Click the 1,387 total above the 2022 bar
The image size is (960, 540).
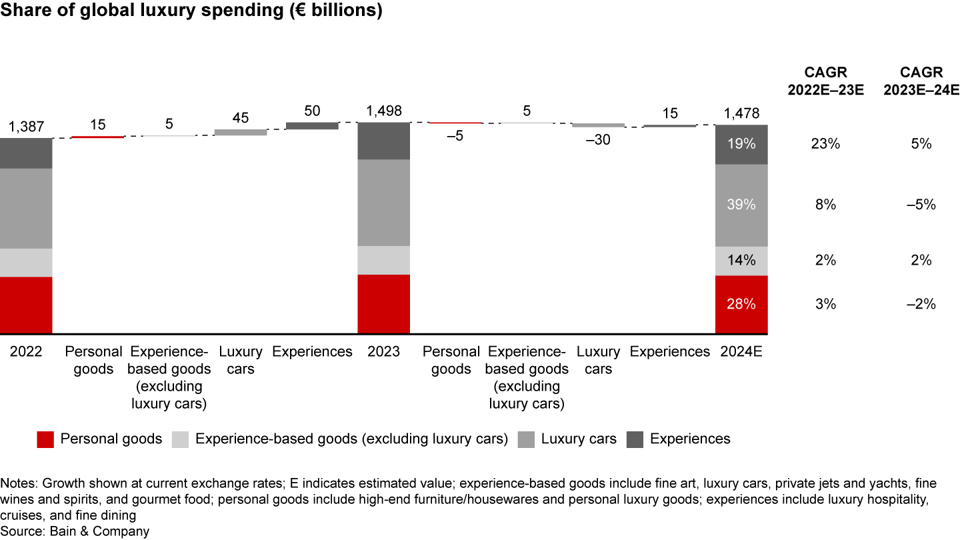(26, 127)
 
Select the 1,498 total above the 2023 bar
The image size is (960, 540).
(384, 111)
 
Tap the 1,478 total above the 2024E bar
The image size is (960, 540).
(741, 113)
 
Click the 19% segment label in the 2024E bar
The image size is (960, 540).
(741, 144)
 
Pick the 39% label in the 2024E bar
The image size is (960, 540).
(741, 205)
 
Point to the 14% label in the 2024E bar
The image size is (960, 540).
(741, 261)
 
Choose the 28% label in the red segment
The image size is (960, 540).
(741, 304)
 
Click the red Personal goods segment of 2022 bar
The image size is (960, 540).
(26, 305)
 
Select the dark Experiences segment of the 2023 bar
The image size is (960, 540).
(384, 141)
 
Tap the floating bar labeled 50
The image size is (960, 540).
(312, 125)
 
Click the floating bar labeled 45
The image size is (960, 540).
(241, 132)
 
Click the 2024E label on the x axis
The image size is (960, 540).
(741, 351)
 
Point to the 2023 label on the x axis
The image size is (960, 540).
(384, 351)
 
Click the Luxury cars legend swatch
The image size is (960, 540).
(527, 439)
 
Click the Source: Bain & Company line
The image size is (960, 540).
(75, 531)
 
